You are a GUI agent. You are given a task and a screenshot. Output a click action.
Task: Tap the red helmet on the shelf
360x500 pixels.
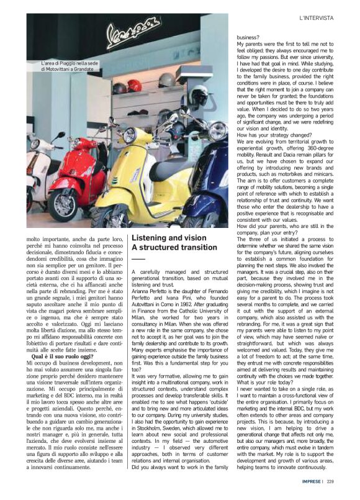134,86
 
